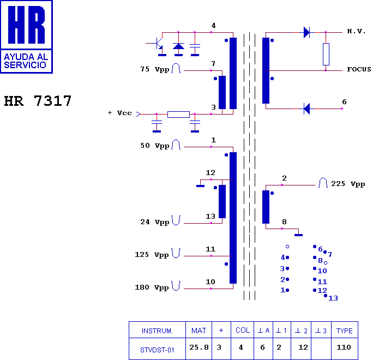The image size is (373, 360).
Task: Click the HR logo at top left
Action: coord(26,37)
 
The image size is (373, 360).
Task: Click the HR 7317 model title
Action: coord(38,101)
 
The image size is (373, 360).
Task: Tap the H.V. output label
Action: coord(356,31)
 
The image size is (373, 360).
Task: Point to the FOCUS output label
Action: coord(359,69)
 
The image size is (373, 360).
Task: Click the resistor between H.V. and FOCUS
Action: coord(326,54)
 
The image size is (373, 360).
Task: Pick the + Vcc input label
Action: coord(119,113)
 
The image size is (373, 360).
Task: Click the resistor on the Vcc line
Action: coord(178,115)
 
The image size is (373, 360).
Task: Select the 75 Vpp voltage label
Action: coord(155,69)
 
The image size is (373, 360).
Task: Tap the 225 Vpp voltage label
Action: coord(348,184)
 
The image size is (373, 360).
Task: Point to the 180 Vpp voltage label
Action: coord(152,287)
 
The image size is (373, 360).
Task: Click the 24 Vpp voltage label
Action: coord(155,222)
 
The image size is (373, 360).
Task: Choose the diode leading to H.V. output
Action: coord(307,32)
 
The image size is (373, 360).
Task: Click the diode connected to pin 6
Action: coord(307,109)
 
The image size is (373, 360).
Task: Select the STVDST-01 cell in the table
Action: coord(157,350)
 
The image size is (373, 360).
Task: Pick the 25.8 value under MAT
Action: coord(199,347)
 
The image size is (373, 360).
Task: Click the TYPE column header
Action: coord(344,331)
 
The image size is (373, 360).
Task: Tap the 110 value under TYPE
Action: coord(344,347)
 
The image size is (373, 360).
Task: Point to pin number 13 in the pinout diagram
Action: coord(333,298)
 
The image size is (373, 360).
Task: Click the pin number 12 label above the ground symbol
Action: coord(210,173)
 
